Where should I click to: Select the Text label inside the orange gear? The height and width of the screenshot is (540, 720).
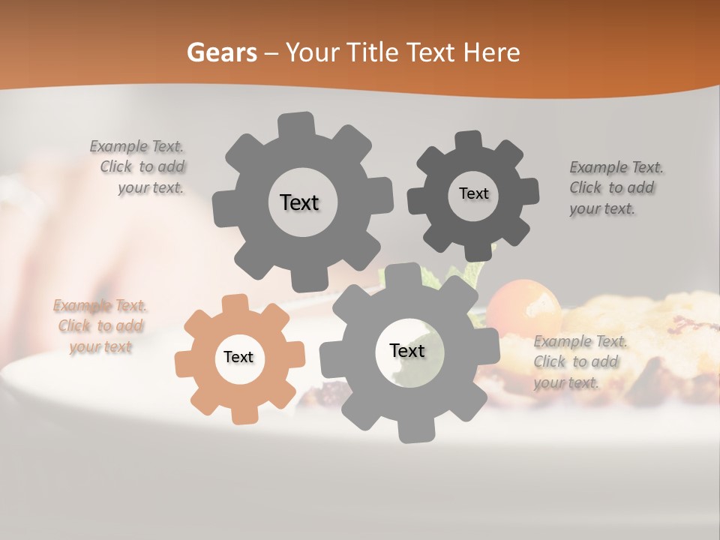(x=238, y=357)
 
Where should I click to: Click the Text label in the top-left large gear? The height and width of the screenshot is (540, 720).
(x=299, y=202)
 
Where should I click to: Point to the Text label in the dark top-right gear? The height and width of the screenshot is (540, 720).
(x=473, y=193)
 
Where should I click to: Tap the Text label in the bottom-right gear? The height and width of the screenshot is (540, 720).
(x=407, y=350)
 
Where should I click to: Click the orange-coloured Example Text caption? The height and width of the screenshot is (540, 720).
(x=100, y=326)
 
